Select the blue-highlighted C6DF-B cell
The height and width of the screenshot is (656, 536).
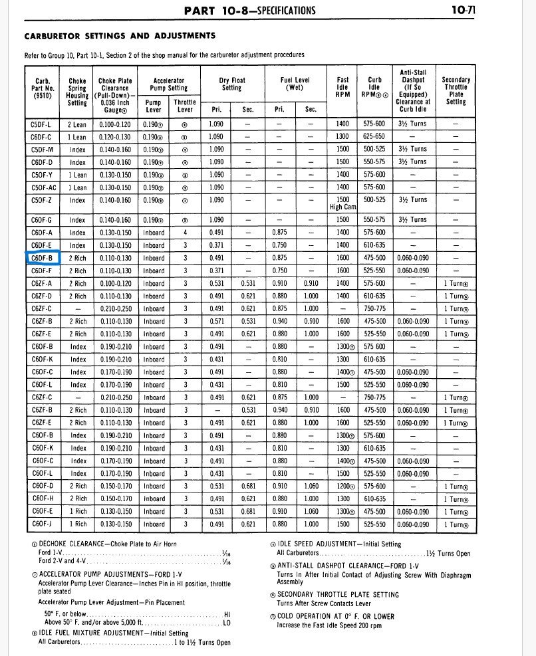pyautogui.click(x=43, y=259)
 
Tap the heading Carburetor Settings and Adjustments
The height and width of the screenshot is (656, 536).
pyautogui.click(x=120, y=35)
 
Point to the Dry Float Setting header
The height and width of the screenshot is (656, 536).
pyautogui.click(x=232, y=84)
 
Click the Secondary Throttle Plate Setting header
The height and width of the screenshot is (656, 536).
pyautogui.click(x=456, y=90)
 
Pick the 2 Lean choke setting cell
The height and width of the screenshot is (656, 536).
pyautogui.click(x=77, y=124)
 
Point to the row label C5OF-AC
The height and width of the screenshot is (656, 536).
pyautogui.click(x=43, y=187)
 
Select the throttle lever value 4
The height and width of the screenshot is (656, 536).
pyautogui.click(x=185, y=233)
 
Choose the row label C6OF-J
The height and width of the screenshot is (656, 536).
pyautogui.click(x=43, y=524)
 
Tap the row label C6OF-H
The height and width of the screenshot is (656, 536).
pyautogui.click(x=43, y=498)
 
